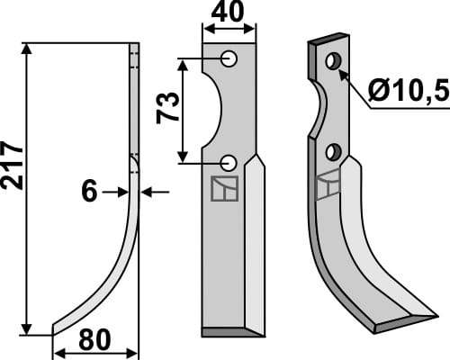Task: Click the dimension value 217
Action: point(12,164)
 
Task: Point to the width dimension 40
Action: point(228,13)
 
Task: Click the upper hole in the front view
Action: point(230,58)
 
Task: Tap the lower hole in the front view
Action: point(230,162)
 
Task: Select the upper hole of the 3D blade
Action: point(333,61)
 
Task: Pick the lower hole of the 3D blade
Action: point(334,150)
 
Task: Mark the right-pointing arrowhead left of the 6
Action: point(123,191)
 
